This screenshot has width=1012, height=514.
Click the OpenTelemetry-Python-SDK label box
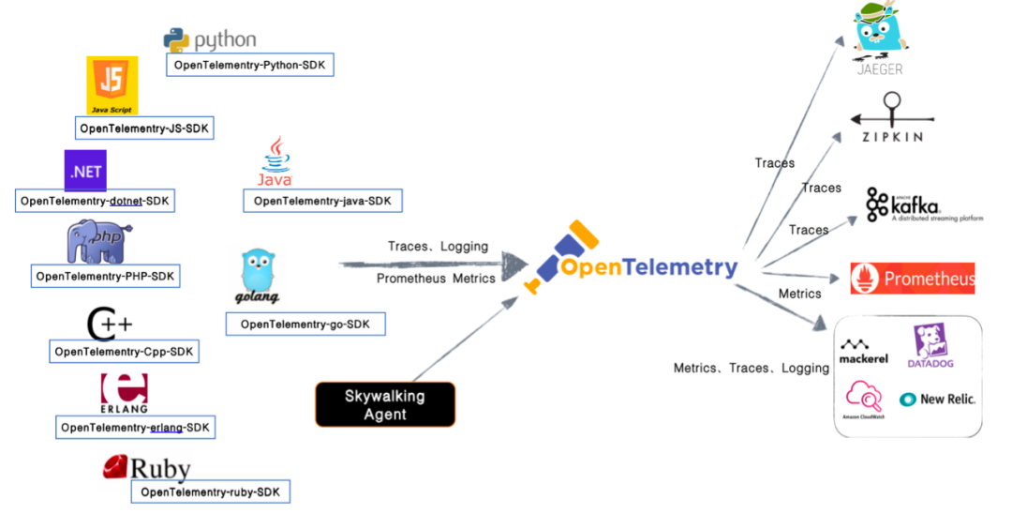pos(249,65)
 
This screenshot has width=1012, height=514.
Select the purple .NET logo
pos(85,171)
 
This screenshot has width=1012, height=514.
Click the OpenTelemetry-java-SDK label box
pos(322,201)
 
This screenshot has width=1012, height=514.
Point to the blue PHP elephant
pos(96,242)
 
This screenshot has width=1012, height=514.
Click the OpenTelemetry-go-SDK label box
pos(305,325)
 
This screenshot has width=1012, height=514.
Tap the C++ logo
pos(110,325)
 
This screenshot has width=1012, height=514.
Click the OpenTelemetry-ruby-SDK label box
pos(210,491)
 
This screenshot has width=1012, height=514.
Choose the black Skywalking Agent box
pos(384,404)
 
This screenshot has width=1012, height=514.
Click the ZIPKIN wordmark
pos(892,137)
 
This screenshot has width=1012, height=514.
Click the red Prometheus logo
pos(912,279)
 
